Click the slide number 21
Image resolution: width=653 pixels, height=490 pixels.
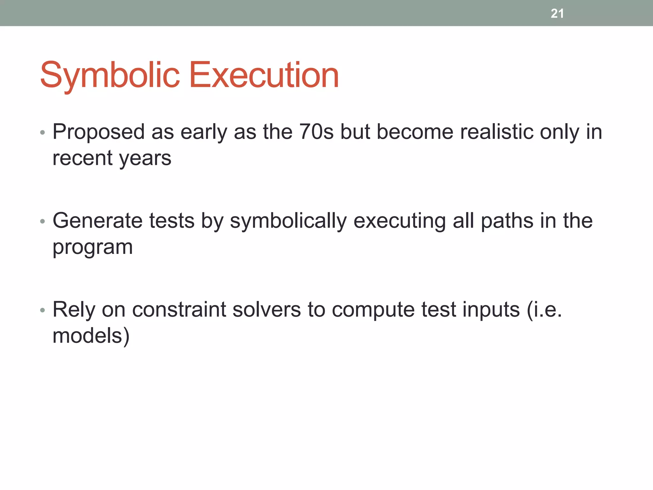click(x=557, y=13)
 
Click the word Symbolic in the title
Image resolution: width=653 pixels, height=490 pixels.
click(x=110, y=75)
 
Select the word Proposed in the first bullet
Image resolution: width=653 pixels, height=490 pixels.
click(x=99, y=132)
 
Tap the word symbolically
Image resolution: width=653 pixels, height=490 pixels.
click(x=288, y=221)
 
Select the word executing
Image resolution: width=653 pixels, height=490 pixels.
click(x=400, y=221)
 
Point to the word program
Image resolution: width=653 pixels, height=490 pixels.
click(x=92, y=248)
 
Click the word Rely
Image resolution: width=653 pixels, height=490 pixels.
click(x=74, y=310)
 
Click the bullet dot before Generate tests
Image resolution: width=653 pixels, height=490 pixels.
click(x=42, y=221)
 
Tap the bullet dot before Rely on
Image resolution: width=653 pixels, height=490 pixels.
click(x=42, y=310)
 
